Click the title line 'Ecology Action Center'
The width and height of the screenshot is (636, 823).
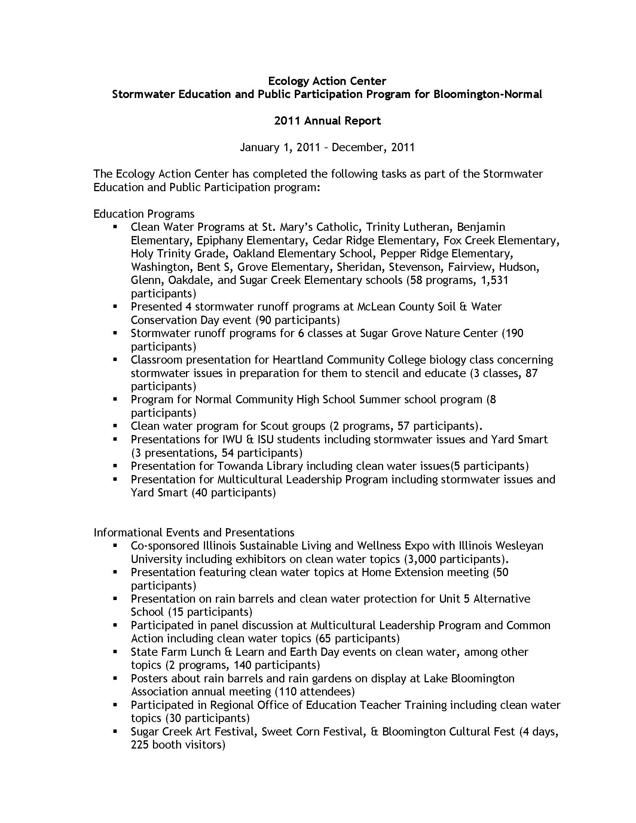click(x=327, y=81)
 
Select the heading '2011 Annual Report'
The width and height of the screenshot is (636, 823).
click(x=327, y=120)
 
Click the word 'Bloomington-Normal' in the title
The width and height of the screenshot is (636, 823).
click(x=487, y=94)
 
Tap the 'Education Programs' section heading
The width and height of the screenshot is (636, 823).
click(x=144, y=214)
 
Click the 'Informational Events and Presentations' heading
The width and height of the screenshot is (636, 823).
click(x=194, y=532)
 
